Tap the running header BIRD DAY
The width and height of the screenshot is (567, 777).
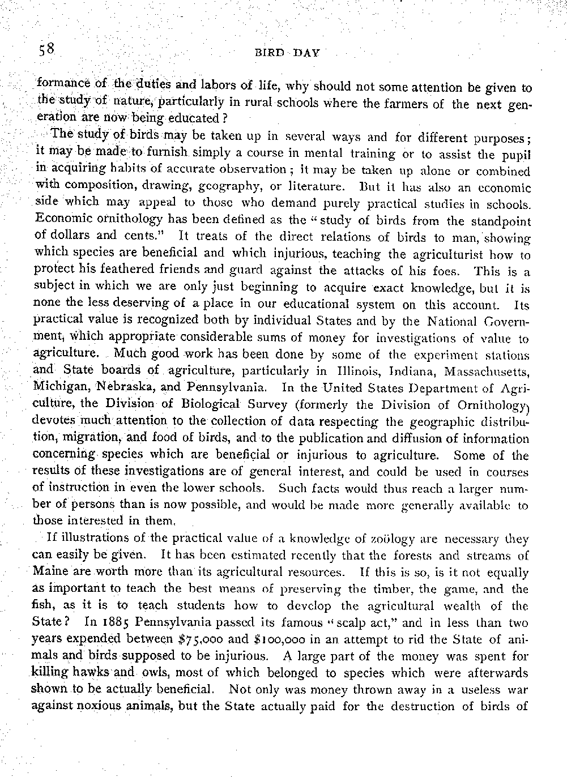(288, 53)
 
